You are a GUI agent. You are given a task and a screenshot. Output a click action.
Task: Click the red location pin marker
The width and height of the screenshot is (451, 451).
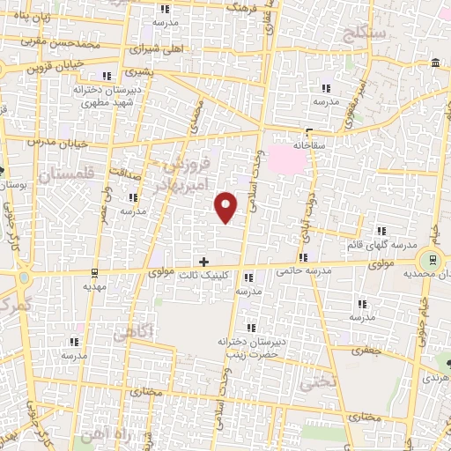point(226,206)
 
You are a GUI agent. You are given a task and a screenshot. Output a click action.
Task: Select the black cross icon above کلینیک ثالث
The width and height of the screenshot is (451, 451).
point(204,262)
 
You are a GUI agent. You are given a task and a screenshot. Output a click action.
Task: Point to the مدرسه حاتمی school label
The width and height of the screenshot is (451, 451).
point(303,270)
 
